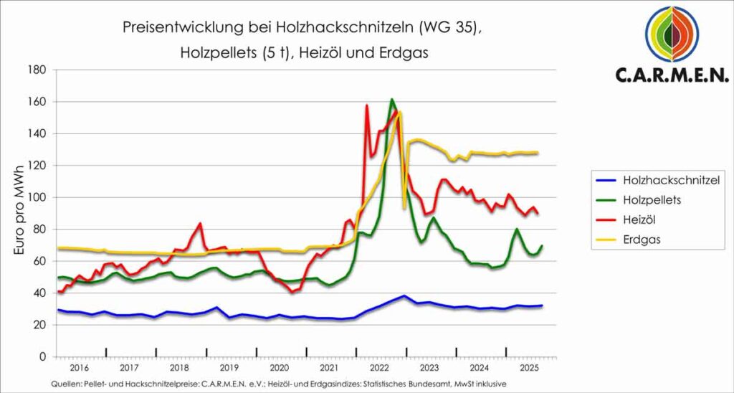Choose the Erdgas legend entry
point(642,240)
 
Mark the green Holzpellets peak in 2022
point(392,100)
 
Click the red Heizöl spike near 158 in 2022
point(367,105)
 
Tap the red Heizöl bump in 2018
point(200,224)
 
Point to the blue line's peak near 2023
point(405,295)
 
